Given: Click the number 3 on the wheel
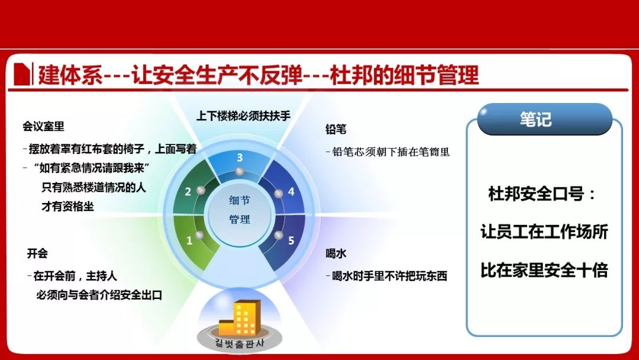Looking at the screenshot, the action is coord(240,157).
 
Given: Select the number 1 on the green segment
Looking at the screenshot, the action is coord(189,240).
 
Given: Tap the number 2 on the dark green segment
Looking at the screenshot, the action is coord(188,192).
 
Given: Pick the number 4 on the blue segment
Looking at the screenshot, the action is coord(291,192).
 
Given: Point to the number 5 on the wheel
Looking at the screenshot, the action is coord(291,240).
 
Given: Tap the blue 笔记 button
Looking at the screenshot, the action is coord(545,119).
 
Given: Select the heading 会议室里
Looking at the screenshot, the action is coord(44,126).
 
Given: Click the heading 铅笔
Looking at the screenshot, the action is coord(336,130).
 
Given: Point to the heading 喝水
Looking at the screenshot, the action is coord(336,253).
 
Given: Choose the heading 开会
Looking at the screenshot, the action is coord(37,253).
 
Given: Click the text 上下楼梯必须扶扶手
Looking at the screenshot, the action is coord(243,116).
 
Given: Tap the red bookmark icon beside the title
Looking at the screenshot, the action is coord(22,74).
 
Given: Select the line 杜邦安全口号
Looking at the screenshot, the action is coord(542,194).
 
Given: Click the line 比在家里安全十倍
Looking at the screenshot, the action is coord(544,271).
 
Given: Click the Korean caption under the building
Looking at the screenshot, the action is coord(239,343).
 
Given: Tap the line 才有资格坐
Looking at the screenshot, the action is coord(67,206).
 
